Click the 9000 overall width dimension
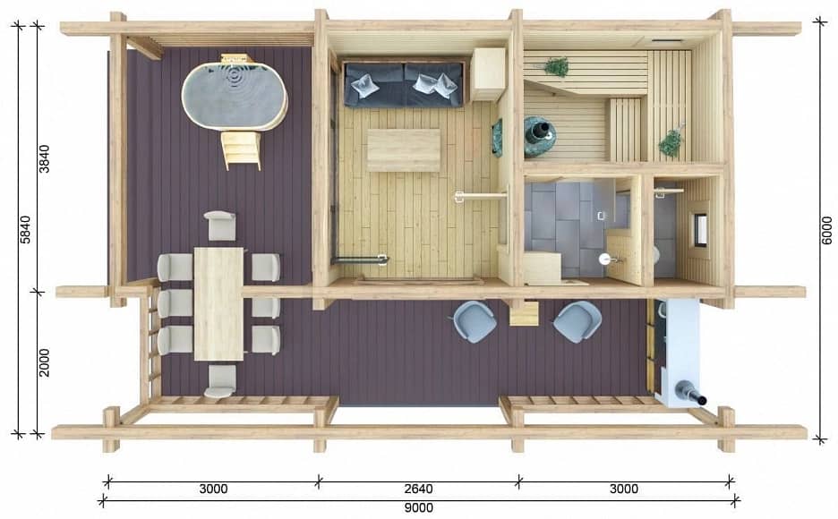tap(418, 507)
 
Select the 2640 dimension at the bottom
tap(418, 489)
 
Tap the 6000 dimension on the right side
tap(826, 231)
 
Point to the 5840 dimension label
tap(25, 230)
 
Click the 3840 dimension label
tap(44, 158)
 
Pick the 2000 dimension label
tap(44, 362)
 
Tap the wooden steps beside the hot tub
tap(242, 150)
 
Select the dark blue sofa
tap(404, 84)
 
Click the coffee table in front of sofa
tap(404, 150)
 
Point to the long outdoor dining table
tap(218, 303)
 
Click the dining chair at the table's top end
tap(219, 225)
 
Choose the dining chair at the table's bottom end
tap(219, 380)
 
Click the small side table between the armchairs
tap(524, 313)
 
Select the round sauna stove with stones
tap(540, 137)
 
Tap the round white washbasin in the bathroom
tap(605, 259)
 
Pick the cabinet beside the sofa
tap(488, 74)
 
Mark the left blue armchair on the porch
tap(475, 321)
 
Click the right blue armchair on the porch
tap(577, 321)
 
